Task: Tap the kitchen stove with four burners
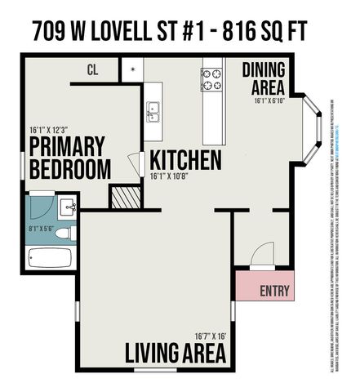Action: tap(212, 79)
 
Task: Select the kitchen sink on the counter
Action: tap(153, 110)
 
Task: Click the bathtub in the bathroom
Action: tap(49, 259)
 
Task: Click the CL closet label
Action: tap(92, 69)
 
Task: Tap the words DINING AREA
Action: tap(263, 78)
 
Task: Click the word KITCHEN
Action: tap(184, 159)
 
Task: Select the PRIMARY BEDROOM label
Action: tap(69, 158)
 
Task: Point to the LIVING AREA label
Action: tap(175, 353)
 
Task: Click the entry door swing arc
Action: tap(264, 260)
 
